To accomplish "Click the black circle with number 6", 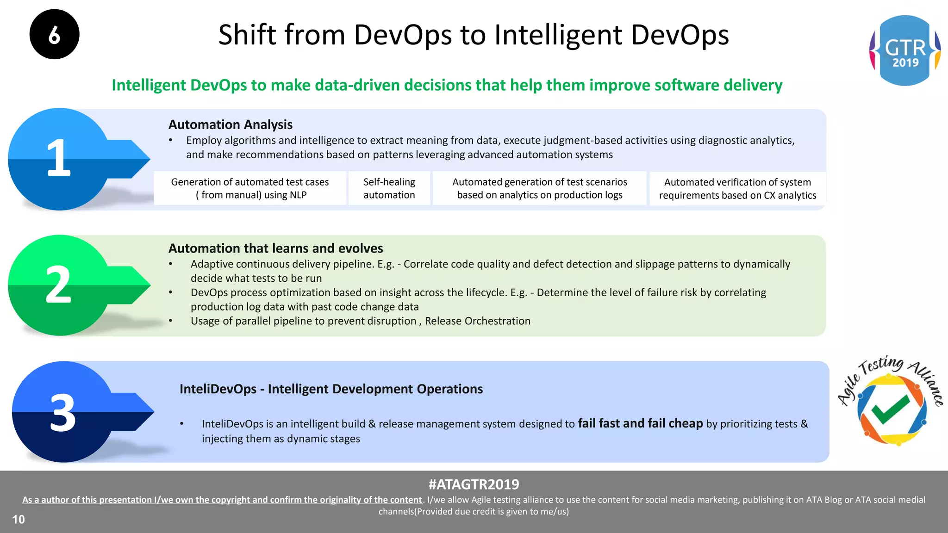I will (54, 34).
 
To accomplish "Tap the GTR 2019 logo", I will (905, 50).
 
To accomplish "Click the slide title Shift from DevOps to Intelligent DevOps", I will (473, 35).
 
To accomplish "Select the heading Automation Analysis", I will (230, 124).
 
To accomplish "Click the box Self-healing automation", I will (389, 188).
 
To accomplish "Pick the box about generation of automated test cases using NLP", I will (250, 188).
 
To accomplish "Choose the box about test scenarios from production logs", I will (539, 188).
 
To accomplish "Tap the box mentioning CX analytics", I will (737, 189).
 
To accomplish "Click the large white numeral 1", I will (59, 158).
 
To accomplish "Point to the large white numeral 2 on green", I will (58, 285).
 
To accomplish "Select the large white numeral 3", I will (62, 413).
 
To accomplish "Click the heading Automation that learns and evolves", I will (275, 248).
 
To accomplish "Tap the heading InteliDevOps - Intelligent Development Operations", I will (331, 389).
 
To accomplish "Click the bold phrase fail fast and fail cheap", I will (640, 423).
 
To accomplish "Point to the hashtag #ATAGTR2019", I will (474, 484).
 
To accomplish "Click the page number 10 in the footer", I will (19, 520).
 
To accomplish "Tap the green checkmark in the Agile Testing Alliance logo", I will (890, 409).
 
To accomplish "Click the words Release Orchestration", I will (477, 321).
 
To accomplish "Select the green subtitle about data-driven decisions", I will (447, 85).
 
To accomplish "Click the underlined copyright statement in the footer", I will (222, 500).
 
